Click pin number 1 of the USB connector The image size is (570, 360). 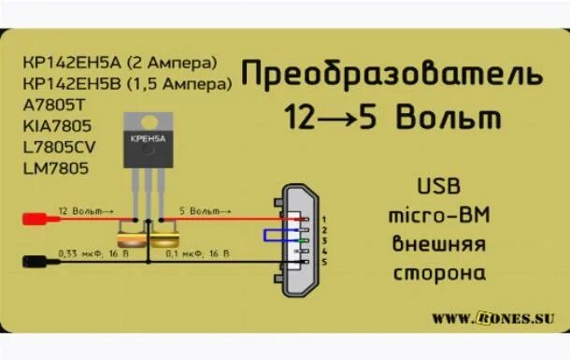point(323,219)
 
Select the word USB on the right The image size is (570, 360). point(437,187)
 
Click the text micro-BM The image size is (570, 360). point(437,216)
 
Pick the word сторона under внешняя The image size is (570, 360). point(437,274)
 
